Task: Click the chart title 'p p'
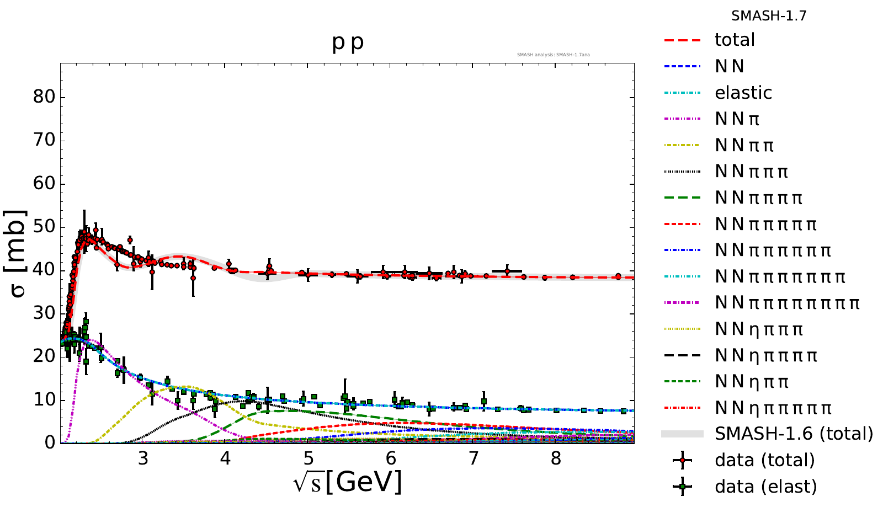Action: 348,42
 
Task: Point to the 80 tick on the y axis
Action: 44,97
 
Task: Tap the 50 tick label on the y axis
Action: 44,227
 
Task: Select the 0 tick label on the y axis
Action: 50,442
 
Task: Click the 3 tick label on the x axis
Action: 143,458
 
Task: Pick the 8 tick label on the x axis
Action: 556,458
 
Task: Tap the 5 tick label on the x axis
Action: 308,458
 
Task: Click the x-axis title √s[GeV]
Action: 348,482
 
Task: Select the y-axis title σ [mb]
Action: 18,253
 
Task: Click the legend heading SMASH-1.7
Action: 769,16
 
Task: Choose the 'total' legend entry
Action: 735,40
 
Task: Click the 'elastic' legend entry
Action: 743,93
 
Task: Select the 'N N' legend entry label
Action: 730,66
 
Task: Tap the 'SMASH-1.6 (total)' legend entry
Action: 794,434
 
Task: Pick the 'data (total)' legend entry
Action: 764,460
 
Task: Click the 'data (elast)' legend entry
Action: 765,487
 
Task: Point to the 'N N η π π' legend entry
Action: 752,381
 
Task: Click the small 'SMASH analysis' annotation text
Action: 553,55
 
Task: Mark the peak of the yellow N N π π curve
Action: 188,387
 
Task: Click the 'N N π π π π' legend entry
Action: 758,198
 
